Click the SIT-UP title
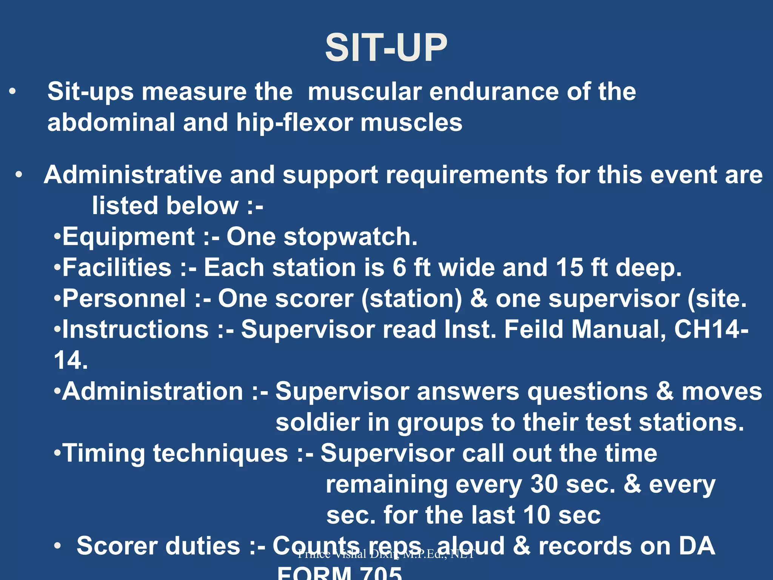coord(386,48)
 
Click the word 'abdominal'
coord(111,123)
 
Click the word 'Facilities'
coord(117,268)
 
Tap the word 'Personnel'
coord(124,299)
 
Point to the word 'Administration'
coord(152,391)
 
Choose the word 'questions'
coord(588,391)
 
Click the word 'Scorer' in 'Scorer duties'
coord(119,546)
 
